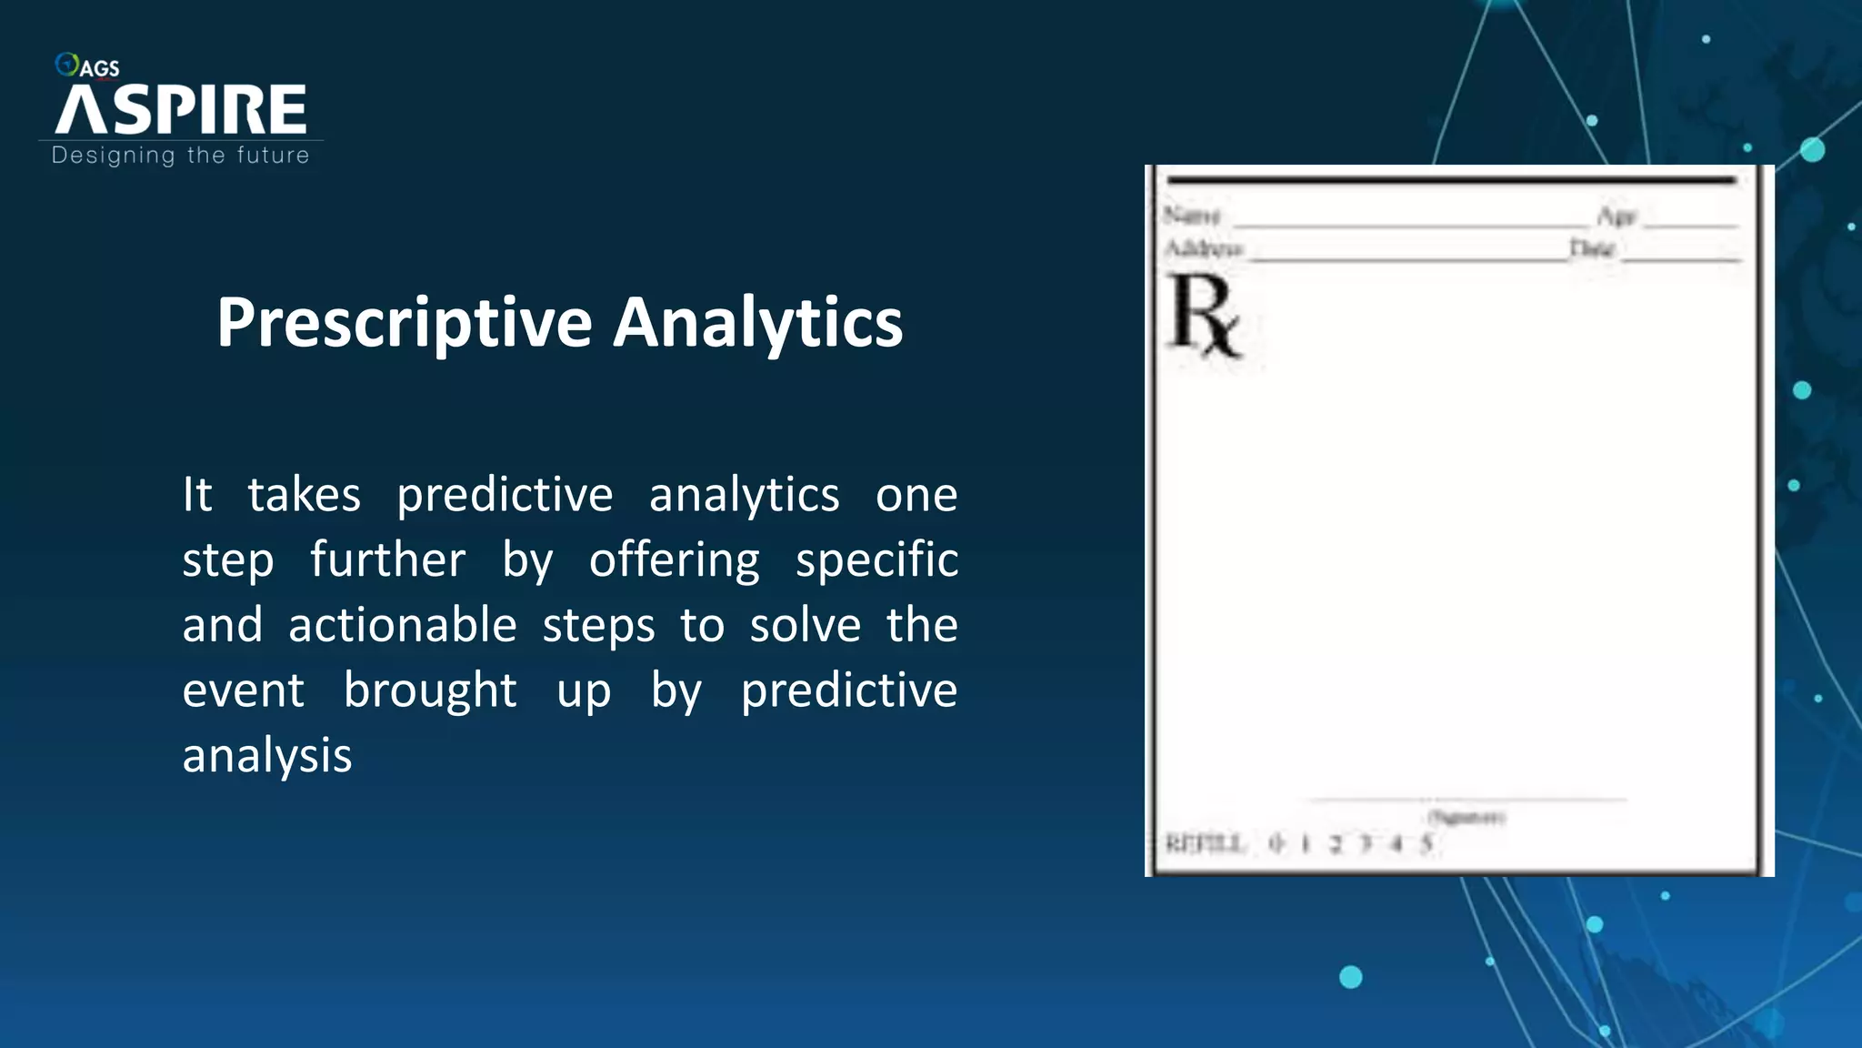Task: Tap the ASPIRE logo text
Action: point(181,110)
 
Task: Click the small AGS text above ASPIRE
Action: point(99,68)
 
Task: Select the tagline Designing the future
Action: point(180,156)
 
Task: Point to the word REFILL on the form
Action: point(1205,844)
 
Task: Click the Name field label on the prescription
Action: point(1191,216)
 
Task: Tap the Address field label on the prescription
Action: point(1203,248)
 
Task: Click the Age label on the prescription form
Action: point(1617,217)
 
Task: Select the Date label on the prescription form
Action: point(1591,248)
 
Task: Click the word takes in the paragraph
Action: point(304,496)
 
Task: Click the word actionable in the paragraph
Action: point(402,626)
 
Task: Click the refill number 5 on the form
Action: point(1427,844)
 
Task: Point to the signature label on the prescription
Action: point(1466,817)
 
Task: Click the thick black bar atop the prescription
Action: point(1451,181)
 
